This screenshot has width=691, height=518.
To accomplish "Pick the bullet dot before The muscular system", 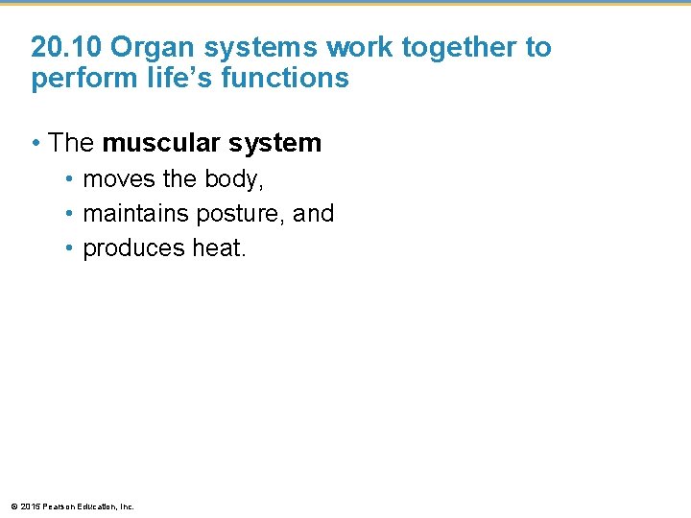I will pos(35,144).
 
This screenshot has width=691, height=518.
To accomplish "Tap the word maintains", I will pos(133,214).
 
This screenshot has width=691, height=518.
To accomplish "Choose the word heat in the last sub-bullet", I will pos(218,248).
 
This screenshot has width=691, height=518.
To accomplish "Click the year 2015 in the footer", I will pos(28,506).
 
